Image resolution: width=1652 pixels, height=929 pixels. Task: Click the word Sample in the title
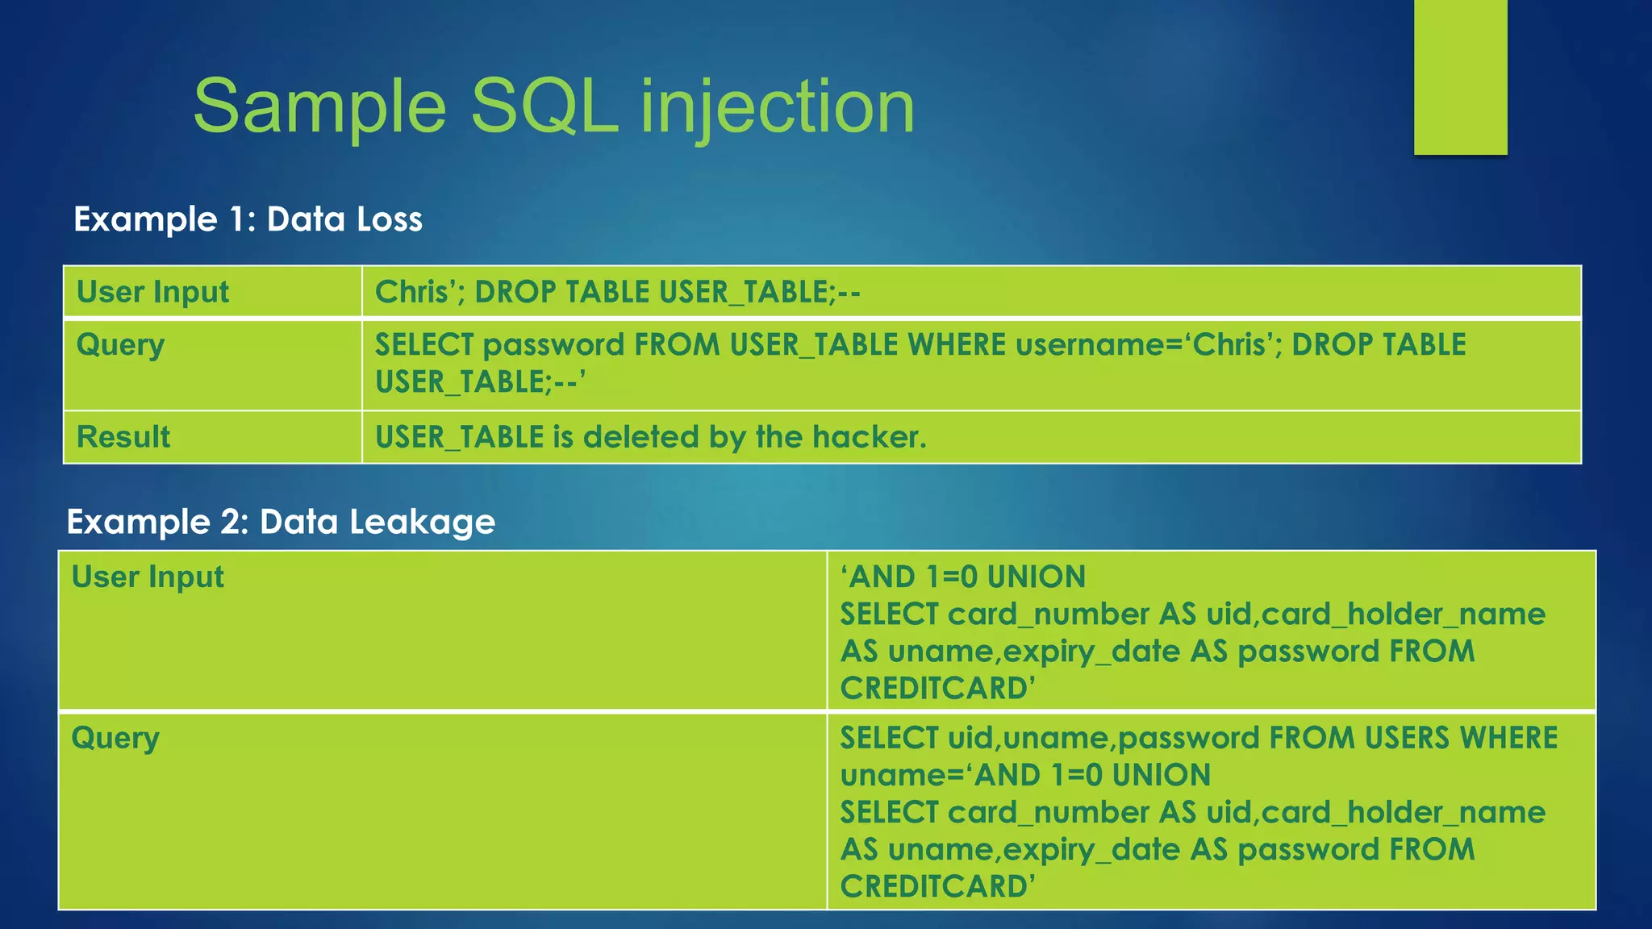tap(319, 106)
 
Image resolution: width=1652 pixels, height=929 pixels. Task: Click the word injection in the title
tap(778, 106)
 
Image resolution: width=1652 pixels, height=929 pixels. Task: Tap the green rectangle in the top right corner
tap(1460, 77)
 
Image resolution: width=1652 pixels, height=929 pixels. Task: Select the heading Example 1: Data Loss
tap(248, 219)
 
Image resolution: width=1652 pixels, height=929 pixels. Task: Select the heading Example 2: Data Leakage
tap(281, 522)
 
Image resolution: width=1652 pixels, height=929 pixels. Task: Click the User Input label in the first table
tap(152, 292)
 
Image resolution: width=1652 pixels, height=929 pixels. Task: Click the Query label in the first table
tap(120, 345)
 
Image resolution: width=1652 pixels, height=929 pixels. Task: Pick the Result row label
tap(123, 437)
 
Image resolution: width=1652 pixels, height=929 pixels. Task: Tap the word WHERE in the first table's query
tap(957, 345)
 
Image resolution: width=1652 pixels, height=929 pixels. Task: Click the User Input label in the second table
tap(148, 577)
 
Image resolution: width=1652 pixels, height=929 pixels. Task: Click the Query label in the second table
tap(115, 738)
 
